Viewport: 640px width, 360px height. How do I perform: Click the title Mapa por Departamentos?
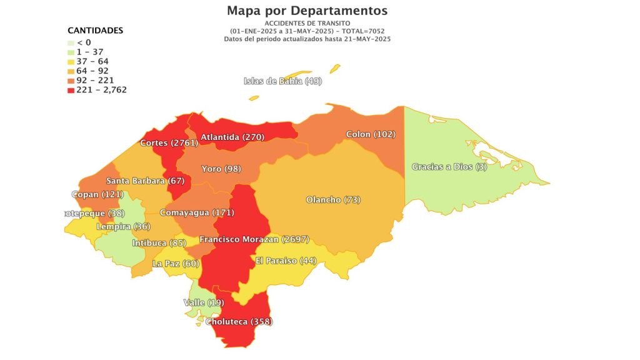tap(307, 11)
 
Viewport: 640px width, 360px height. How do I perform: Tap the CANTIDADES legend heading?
tap(95, 30)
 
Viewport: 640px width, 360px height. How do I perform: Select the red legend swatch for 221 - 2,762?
tap(71, 90)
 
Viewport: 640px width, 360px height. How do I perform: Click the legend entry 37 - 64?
tap(92, 61)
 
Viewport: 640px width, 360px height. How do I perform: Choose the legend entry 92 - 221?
tap(94, 81)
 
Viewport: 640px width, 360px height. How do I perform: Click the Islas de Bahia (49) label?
tap(282, 81)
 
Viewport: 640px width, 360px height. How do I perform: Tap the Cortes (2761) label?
tap(169, 143)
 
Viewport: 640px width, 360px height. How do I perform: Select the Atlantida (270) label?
tap(232, 137)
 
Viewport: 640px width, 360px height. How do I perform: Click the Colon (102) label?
tap(371, 134)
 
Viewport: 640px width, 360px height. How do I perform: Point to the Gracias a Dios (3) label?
tap(449, 167)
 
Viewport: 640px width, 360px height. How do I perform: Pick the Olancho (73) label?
tap(333, 200)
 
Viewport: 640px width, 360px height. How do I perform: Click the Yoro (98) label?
tap(221, 169)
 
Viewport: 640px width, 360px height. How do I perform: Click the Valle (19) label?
tap(204, 302)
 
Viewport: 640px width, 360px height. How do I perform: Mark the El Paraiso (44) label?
tap(286, 260)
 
